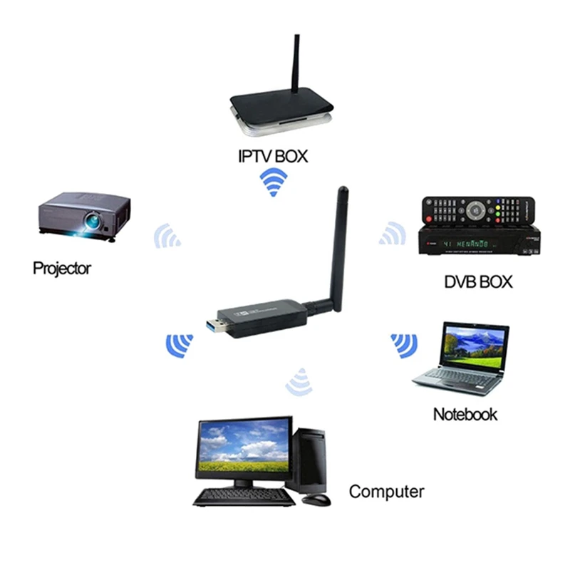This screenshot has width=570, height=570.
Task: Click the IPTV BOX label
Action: click(273, 156)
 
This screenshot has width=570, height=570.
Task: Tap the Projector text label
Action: click(62, 269)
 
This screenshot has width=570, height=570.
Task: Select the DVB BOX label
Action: click(477, 281)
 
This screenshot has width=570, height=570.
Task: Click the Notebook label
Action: click(465, 415)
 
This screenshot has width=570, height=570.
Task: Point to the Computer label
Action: click(386, 491)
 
